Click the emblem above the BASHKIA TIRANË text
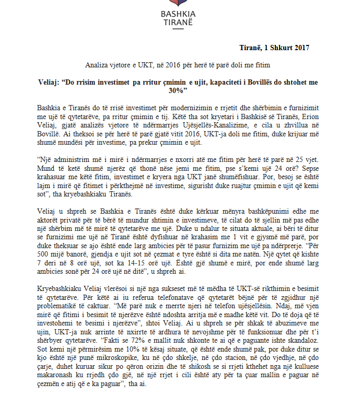pyautogui.click(x=179, y=6)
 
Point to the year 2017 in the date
pyautogui.click(x=299, y=48)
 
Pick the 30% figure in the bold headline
pyautogui.click(x=179, y=90)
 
